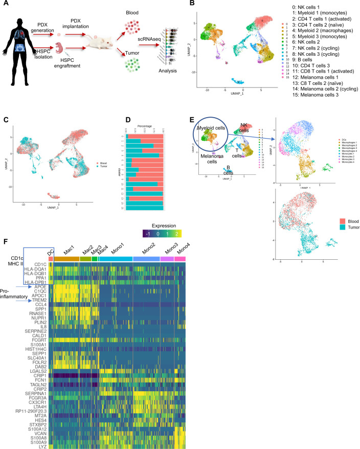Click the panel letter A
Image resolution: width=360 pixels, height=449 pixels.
pyautogui.click(x=5, y=4)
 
